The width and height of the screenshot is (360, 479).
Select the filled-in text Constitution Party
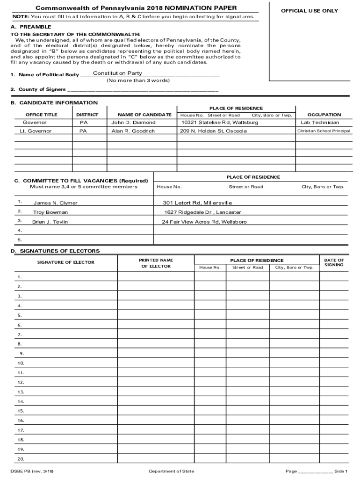pyautogui.click(x=117, y=73)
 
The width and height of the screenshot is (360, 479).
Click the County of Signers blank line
pyautogui.click(x=143, y=89)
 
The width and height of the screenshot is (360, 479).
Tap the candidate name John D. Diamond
pyautogui.click(x=133, y=123)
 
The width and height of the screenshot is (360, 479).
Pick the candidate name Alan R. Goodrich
pyautogui.click(x=133, y=131)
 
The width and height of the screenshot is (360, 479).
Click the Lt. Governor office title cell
pyautogui.click(x=36, y=131)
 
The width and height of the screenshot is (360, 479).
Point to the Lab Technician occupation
pyautogui.click(x=320, y=123)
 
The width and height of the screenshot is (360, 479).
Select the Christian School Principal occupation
pyautogui.click(x=324, y=131)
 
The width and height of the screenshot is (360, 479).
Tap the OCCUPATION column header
pyautogui.click(x=324, y=115)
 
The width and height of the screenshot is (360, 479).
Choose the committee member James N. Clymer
pyautogui.click(x=55, y=203)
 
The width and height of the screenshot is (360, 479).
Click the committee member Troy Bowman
pyautogui.click(x=50, y=212)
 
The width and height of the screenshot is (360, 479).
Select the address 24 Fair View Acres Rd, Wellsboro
pyautogui.click(x=204, y=222)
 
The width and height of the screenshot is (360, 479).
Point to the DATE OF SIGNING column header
pyautogui.click(x=334, y=262)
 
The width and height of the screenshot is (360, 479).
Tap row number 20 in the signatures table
pyautogui.click(x=21, y=459)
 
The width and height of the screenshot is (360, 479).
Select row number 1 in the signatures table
pyautogui.click(x=20, y=277)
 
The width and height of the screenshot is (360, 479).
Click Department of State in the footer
pyautogui.click(x=171, y=471)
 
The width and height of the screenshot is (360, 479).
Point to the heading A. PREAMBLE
pyautogui.click(x=31, y=27)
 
